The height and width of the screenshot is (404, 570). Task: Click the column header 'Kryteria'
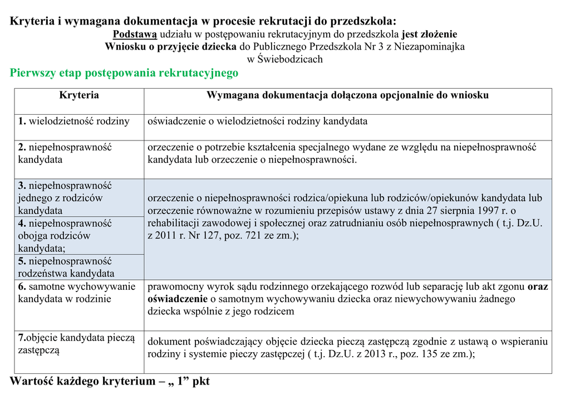[79, 95]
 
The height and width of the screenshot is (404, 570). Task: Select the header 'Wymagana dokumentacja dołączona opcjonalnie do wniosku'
[347, 95]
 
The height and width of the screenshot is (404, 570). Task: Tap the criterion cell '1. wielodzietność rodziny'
[74, 121]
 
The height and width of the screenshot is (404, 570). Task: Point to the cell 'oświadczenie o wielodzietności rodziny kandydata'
[257, 121]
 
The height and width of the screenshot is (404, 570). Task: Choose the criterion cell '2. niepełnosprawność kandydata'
[65, 153]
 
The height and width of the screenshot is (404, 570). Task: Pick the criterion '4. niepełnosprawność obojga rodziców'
[65, 236]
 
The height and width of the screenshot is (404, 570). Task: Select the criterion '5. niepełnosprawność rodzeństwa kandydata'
[66, 267]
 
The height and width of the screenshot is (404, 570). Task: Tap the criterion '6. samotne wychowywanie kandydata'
[76, 293]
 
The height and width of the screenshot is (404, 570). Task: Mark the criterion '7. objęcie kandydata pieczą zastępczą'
[76, 344]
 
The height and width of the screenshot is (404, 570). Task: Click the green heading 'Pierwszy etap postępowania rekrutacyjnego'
[124, 73]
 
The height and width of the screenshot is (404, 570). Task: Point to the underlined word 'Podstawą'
[135, 34]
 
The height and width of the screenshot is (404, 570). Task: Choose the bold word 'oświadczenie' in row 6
[173, 299]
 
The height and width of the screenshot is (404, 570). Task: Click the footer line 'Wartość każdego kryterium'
[110, 382]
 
